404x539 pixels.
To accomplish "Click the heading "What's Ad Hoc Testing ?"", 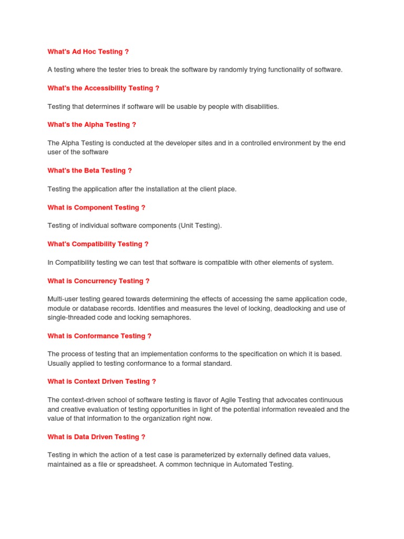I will click(x=88, y=52).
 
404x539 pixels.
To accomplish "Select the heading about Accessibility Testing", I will click(x=103, y=88).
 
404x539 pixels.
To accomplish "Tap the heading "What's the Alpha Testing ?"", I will click(x=92, y=125).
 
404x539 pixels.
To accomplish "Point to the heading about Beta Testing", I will click(x=89, y=171).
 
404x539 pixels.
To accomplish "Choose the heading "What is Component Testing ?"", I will click(x=96, y=207).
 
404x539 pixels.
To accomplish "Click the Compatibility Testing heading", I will click(x=98, y=244).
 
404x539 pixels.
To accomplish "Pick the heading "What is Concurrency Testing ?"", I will click(x=98, y=281).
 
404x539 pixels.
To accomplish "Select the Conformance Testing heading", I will click(x=99, y=336).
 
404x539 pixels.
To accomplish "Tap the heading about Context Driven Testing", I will click(x=102, y=382).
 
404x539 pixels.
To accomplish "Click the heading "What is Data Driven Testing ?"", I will click(x=96, y=437).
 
